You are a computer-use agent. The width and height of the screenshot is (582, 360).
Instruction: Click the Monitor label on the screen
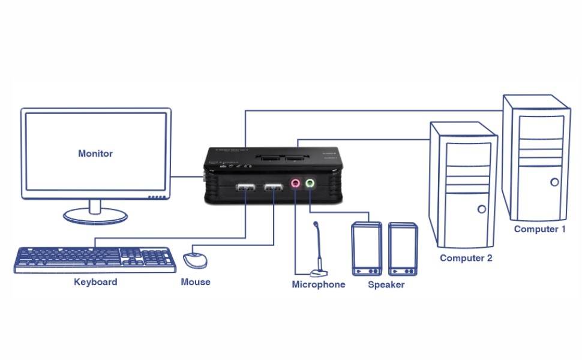click(95, 154)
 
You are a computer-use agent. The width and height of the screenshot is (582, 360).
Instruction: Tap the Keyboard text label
click(95, 281)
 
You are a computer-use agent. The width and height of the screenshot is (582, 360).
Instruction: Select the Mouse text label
click(196, 281)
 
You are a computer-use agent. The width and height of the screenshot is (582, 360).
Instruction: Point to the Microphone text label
click(319, 284)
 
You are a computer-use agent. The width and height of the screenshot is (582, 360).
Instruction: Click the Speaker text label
click(386, 284)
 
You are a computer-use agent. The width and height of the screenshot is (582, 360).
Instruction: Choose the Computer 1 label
click(539, 229)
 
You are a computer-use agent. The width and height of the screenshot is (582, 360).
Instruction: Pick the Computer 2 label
click(466, 258)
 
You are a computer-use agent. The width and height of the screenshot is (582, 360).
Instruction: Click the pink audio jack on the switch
click(295, 184)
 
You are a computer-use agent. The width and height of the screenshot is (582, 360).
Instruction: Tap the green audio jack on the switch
click(310, 183)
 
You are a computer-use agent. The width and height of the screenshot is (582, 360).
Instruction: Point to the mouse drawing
click(195, 260)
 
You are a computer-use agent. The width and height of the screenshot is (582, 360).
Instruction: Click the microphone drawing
click(319, 252)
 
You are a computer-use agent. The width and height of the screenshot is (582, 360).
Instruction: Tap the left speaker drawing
click(366, 249)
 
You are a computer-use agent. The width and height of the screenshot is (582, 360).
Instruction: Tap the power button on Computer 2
click(481, 209)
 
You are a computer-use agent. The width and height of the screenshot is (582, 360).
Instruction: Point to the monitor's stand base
click(95, 215)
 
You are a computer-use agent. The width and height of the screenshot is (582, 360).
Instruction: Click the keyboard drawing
click(95, 259)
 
